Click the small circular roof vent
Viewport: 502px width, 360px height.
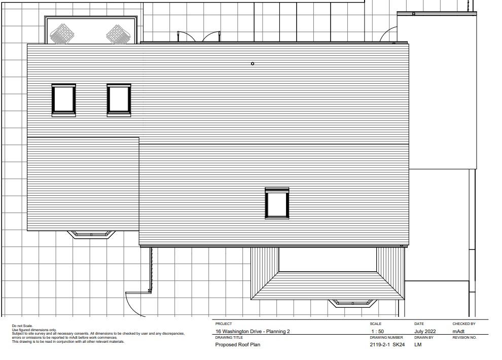253,64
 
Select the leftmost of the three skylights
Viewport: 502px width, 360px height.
64,100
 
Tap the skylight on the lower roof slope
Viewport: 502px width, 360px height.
277,203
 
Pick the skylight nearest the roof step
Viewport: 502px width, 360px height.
119,100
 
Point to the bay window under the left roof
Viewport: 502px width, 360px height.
91,235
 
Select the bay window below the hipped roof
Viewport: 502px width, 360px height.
353,303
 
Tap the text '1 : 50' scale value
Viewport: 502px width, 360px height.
377,332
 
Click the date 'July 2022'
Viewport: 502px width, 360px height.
425,332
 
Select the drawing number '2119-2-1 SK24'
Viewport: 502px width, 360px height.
387,345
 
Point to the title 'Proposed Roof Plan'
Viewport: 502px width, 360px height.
237,345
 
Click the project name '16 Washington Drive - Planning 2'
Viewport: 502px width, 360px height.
253,332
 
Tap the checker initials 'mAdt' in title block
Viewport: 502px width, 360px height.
458,332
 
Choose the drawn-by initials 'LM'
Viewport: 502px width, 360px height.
418,345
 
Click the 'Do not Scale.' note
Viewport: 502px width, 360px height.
22,326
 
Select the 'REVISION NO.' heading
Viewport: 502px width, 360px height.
464,337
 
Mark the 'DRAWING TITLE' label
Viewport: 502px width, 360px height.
229,337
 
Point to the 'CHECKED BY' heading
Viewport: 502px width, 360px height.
464,324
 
